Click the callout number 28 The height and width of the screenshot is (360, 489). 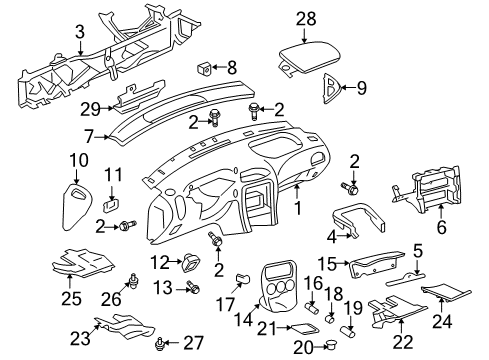click(305, 17)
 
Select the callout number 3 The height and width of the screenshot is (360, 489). click(79, 32)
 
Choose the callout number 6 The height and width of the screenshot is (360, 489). click(439, 209)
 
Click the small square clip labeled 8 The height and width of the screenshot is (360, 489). click(207, 69)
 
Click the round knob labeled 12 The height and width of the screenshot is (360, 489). click(189, 263)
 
